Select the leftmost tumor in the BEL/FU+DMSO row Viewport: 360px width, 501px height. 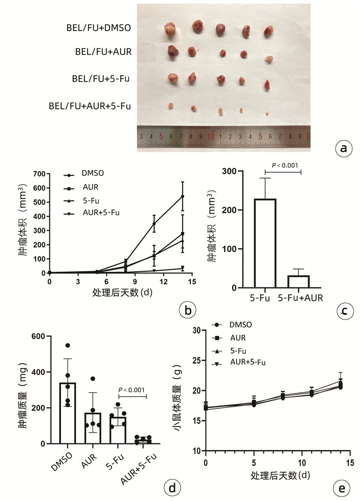pos(171,30)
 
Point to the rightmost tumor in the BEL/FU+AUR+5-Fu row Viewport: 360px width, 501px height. pos(267,113)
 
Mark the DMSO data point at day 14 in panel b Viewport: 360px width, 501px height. pos(183,196)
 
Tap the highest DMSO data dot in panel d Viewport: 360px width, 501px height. pos(67,345)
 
